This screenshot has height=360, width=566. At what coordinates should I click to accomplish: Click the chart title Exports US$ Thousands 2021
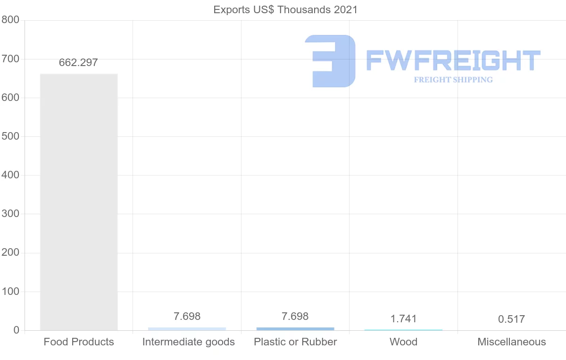point(285,9)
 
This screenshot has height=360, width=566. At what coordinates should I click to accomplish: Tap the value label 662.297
point(78,63)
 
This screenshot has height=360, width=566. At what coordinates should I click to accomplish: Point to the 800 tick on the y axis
point(10,20)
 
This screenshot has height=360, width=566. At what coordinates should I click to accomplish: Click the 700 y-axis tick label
point(10,59)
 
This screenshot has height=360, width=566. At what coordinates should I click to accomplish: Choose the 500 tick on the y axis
point(10,136)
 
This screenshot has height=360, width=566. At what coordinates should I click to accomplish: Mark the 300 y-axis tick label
point(10,214)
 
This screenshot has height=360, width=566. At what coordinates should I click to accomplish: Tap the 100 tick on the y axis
point(10,292)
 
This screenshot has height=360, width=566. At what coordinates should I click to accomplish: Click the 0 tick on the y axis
point(17,330)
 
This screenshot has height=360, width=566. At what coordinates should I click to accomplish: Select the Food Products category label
point(79,342)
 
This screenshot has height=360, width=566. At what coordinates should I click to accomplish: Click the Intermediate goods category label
point(189,342)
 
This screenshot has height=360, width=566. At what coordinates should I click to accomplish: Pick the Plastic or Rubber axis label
point(295,342)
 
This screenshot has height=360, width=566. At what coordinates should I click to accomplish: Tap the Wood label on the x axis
point(403,342)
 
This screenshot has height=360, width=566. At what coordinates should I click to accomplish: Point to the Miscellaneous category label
point(512,342)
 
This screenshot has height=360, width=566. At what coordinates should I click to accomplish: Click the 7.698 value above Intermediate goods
point(187,317)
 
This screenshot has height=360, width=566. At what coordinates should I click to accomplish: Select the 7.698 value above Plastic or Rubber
point(295,317)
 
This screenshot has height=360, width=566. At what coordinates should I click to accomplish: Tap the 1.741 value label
point(403,319)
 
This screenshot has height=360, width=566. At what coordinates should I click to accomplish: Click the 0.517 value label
point(511,319)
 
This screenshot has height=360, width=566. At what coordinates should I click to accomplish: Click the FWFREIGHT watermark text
point(453,60)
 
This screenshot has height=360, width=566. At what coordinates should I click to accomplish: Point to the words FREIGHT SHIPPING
point(453,80)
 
